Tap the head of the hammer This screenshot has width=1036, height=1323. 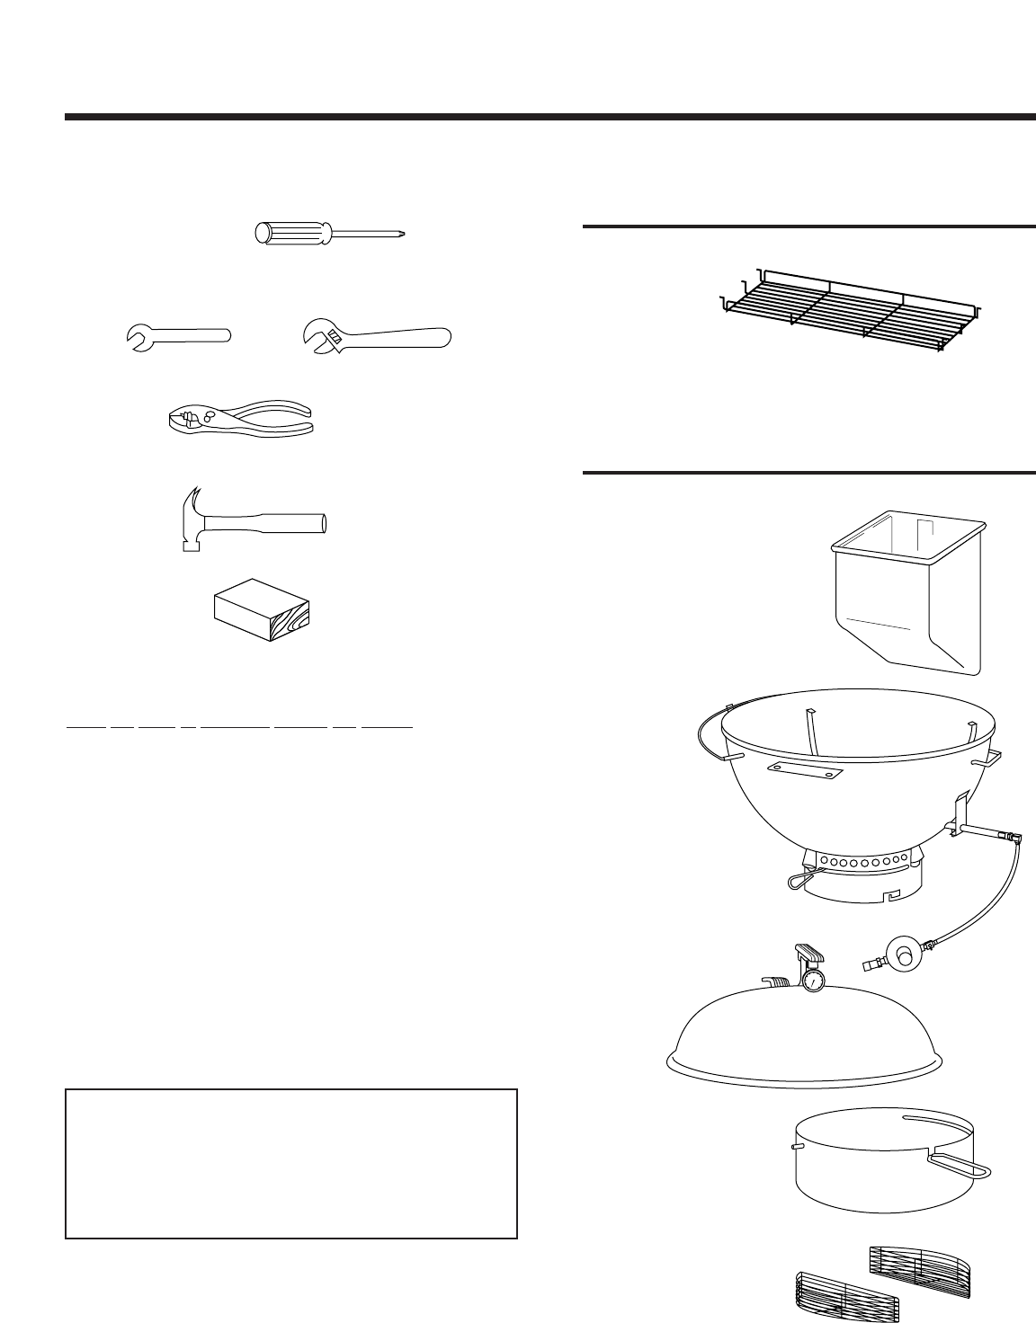point(192,518)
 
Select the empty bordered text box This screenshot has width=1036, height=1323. point(291,1164)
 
